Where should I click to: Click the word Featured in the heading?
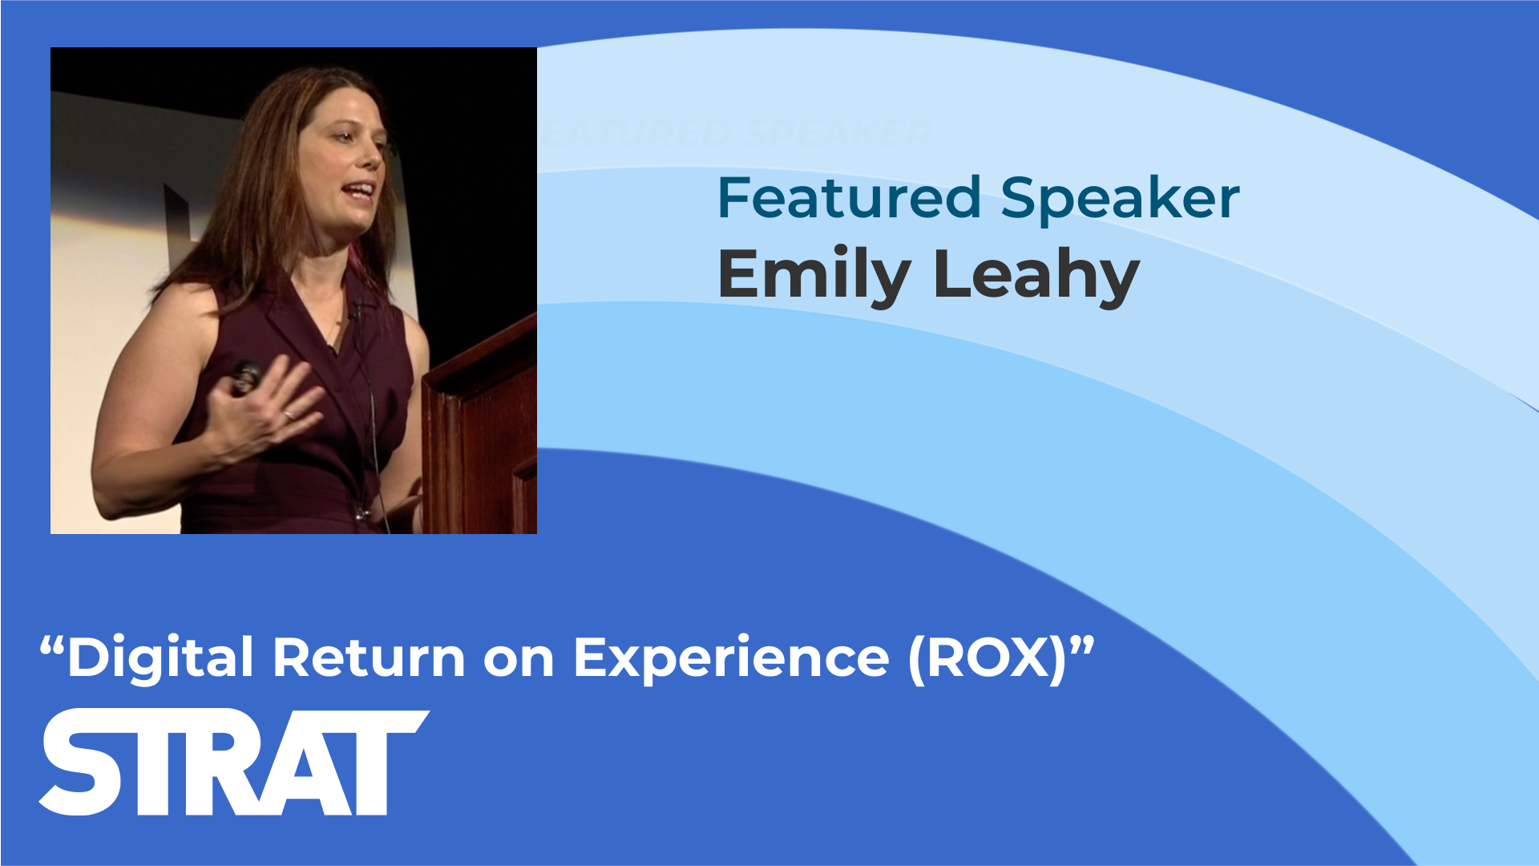[849, 197]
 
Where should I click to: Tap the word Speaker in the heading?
[1120, 200]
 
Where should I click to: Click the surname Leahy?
[1036, 276]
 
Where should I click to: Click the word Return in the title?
[369, 658]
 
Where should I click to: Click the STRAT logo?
[234, 763]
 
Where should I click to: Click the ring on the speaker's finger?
[287, 415]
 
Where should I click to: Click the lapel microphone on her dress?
[357, 309]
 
